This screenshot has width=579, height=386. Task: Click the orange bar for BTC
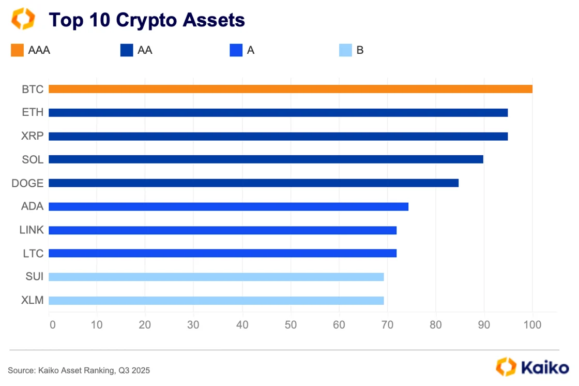290,89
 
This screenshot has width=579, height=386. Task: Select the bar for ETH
278,113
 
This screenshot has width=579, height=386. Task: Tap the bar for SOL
266,159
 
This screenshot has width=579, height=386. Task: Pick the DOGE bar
253,183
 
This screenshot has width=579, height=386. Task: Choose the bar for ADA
228,206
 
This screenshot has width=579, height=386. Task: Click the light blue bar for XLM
216,301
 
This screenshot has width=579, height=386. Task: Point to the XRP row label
33,136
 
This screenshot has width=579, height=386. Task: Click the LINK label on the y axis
32,230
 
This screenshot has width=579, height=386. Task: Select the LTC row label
33,254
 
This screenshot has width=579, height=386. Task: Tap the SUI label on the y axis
34,277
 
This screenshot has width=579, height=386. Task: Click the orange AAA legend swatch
17,50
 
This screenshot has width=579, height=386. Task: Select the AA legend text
145,50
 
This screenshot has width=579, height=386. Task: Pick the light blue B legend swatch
345,50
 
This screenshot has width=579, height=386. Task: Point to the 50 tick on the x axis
291,325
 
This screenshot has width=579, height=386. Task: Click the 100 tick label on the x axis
532,325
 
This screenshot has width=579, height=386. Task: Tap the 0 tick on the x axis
52,325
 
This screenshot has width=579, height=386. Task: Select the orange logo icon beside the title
23,19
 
